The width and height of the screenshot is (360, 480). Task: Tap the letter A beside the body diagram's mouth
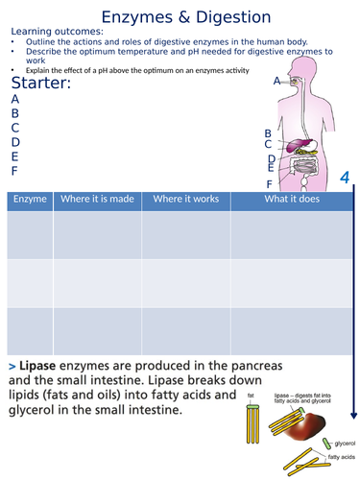(x=276, y=81)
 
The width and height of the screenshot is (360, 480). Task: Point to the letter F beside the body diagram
(x=269, y=183)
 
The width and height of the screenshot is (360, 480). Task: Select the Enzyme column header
(x=29, y=200)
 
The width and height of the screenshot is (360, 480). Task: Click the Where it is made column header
(x=94, y=200)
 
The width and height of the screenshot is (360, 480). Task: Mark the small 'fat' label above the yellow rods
(x=251, y=394)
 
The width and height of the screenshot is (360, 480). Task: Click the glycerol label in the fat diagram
(x=344, y=444)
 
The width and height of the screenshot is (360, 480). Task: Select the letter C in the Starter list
(x=14, y=127)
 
